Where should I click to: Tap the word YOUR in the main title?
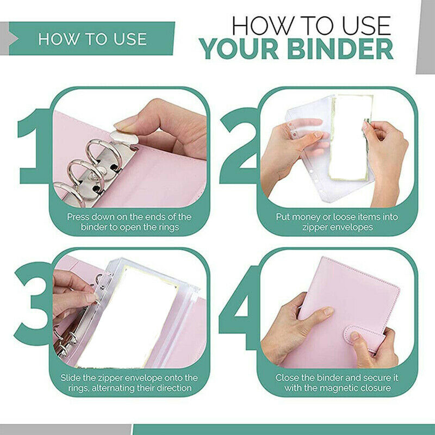point(239,49)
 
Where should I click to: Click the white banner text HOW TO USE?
point(92,39)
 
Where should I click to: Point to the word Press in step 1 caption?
point(78,216)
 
